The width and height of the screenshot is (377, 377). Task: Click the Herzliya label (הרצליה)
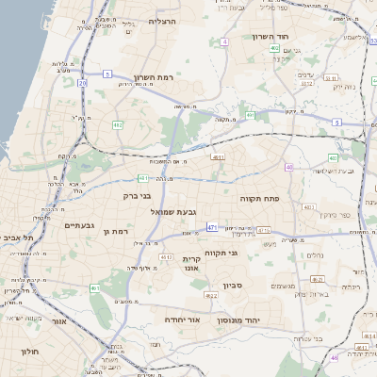162,21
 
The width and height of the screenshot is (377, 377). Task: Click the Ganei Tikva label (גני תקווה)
246,253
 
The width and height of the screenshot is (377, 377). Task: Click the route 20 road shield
82,83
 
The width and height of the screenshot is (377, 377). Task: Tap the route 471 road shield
212,227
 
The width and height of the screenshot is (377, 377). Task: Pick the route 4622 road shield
211,295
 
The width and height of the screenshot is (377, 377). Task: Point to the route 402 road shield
273,47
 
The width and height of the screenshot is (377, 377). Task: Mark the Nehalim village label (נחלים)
317,255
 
